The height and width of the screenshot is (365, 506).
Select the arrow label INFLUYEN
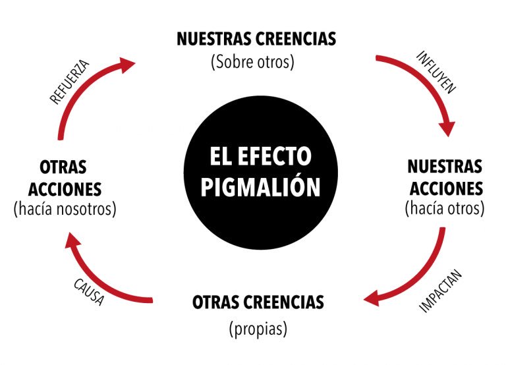point(436,72)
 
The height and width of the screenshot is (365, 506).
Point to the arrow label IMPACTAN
point(441,291)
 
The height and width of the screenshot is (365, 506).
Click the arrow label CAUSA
point(89,292)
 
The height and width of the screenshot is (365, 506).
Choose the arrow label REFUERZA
point(69,82)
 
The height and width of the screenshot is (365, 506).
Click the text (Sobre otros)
point(253,61)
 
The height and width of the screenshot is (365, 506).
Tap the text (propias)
point(258,329)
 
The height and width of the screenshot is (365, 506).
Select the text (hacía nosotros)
point(65,209)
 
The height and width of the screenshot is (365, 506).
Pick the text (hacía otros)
point(445,208)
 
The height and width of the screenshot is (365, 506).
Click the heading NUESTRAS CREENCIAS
point(256,39)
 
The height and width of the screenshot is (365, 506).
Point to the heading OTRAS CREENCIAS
point(258,302)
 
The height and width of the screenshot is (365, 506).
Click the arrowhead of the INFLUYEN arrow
point(447,128)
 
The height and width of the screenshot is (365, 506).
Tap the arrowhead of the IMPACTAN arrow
point(372,298)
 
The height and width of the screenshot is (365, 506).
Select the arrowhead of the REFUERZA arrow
point(126,65)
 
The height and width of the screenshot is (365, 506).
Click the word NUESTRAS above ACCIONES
point(445,167)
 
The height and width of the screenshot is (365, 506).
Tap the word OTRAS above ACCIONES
point(63,167)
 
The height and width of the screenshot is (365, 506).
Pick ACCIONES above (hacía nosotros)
point(65,189)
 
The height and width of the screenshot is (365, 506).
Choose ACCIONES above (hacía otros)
point(446,188)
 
